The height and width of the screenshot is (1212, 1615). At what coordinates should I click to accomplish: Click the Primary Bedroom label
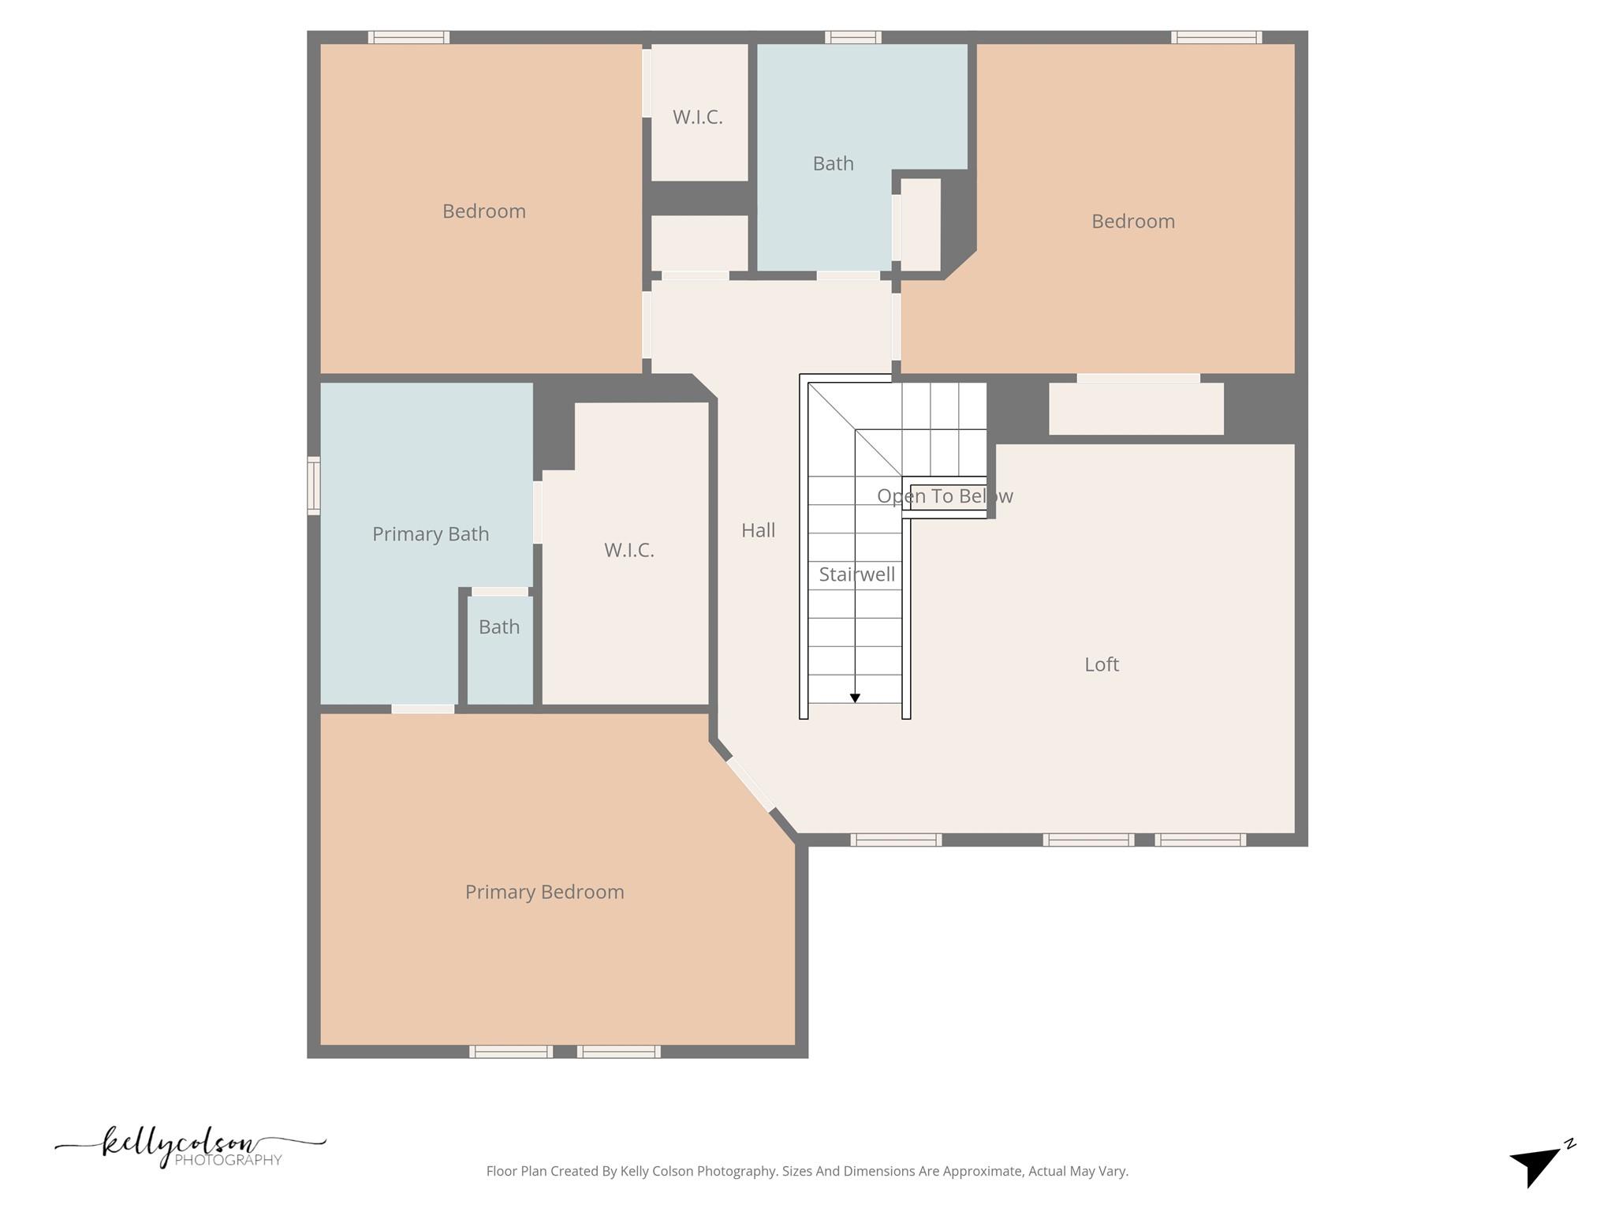coord(544,892)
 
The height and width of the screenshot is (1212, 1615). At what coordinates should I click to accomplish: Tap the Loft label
coord(1101,664)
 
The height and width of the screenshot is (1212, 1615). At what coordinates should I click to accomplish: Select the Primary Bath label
coord(431,534)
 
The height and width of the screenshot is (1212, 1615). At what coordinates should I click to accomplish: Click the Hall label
coord(758,530)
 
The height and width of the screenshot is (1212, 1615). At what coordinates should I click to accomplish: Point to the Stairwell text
coord(856,574)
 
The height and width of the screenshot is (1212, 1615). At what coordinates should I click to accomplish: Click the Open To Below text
coord(945,496)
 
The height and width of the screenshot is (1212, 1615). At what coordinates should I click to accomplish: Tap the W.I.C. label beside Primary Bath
coord(628,550)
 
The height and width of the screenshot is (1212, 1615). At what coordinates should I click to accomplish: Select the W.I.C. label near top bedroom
coord(697,117)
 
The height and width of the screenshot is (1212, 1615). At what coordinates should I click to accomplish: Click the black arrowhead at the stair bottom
coord(855,698)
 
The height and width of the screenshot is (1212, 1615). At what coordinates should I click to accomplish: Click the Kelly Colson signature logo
coord(189,1146)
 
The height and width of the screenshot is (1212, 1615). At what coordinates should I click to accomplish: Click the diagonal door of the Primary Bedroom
coord(750,784)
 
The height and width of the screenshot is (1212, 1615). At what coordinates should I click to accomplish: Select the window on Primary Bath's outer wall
coord(314,485)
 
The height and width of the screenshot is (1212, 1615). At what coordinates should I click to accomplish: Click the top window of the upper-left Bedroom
coord(408,37)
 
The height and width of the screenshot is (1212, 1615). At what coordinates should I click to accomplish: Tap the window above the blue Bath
coord(853,37)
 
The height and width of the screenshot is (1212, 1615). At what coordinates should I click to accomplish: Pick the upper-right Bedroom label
coord(1132,221)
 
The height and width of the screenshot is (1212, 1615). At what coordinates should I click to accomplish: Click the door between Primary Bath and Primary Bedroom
coord(423,709)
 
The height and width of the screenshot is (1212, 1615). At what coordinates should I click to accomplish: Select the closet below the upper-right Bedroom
coord(1136,409)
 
